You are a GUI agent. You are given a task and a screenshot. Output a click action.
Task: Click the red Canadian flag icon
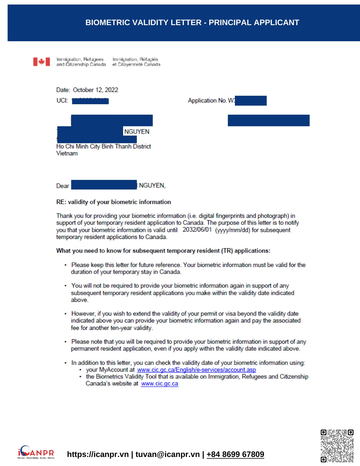click(x=42, y=62)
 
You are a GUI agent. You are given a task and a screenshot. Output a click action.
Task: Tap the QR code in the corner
click(x=337, y=446)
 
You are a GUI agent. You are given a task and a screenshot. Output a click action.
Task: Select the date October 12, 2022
click(x=95, y=90)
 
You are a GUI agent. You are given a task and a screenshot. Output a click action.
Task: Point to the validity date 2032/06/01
click(x=197, y=230)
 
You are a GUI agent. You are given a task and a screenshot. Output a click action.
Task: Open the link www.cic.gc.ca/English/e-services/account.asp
click(x=197, y=370)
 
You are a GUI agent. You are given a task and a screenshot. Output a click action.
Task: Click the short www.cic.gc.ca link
click(x=160, y=384)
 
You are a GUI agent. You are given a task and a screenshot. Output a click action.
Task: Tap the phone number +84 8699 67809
click(x=235, y=454)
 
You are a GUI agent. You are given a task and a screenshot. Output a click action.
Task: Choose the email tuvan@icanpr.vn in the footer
click(x=167, y=454)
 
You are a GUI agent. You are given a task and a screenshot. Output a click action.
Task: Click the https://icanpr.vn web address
click(x=98, y=454)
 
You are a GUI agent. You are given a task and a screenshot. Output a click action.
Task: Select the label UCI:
click(x=62, y=101)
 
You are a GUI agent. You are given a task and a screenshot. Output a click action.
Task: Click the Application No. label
click(x=207, y=101)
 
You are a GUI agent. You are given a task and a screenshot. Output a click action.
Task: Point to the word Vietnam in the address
click(x=67, y=153)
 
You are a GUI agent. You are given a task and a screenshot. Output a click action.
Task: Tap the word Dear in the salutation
click(x=63, y=186)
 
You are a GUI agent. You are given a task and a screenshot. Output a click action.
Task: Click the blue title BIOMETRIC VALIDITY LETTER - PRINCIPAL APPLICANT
click(x=192, y=23)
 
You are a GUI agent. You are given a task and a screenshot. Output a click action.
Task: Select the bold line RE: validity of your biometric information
click(x=114, y=202)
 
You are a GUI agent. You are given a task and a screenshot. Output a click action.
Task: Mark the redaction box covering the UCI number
click(x=90, y=101)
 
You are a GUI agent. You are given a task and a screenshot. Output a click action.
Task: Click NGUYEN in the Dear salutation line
click(x=152, y=186)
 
